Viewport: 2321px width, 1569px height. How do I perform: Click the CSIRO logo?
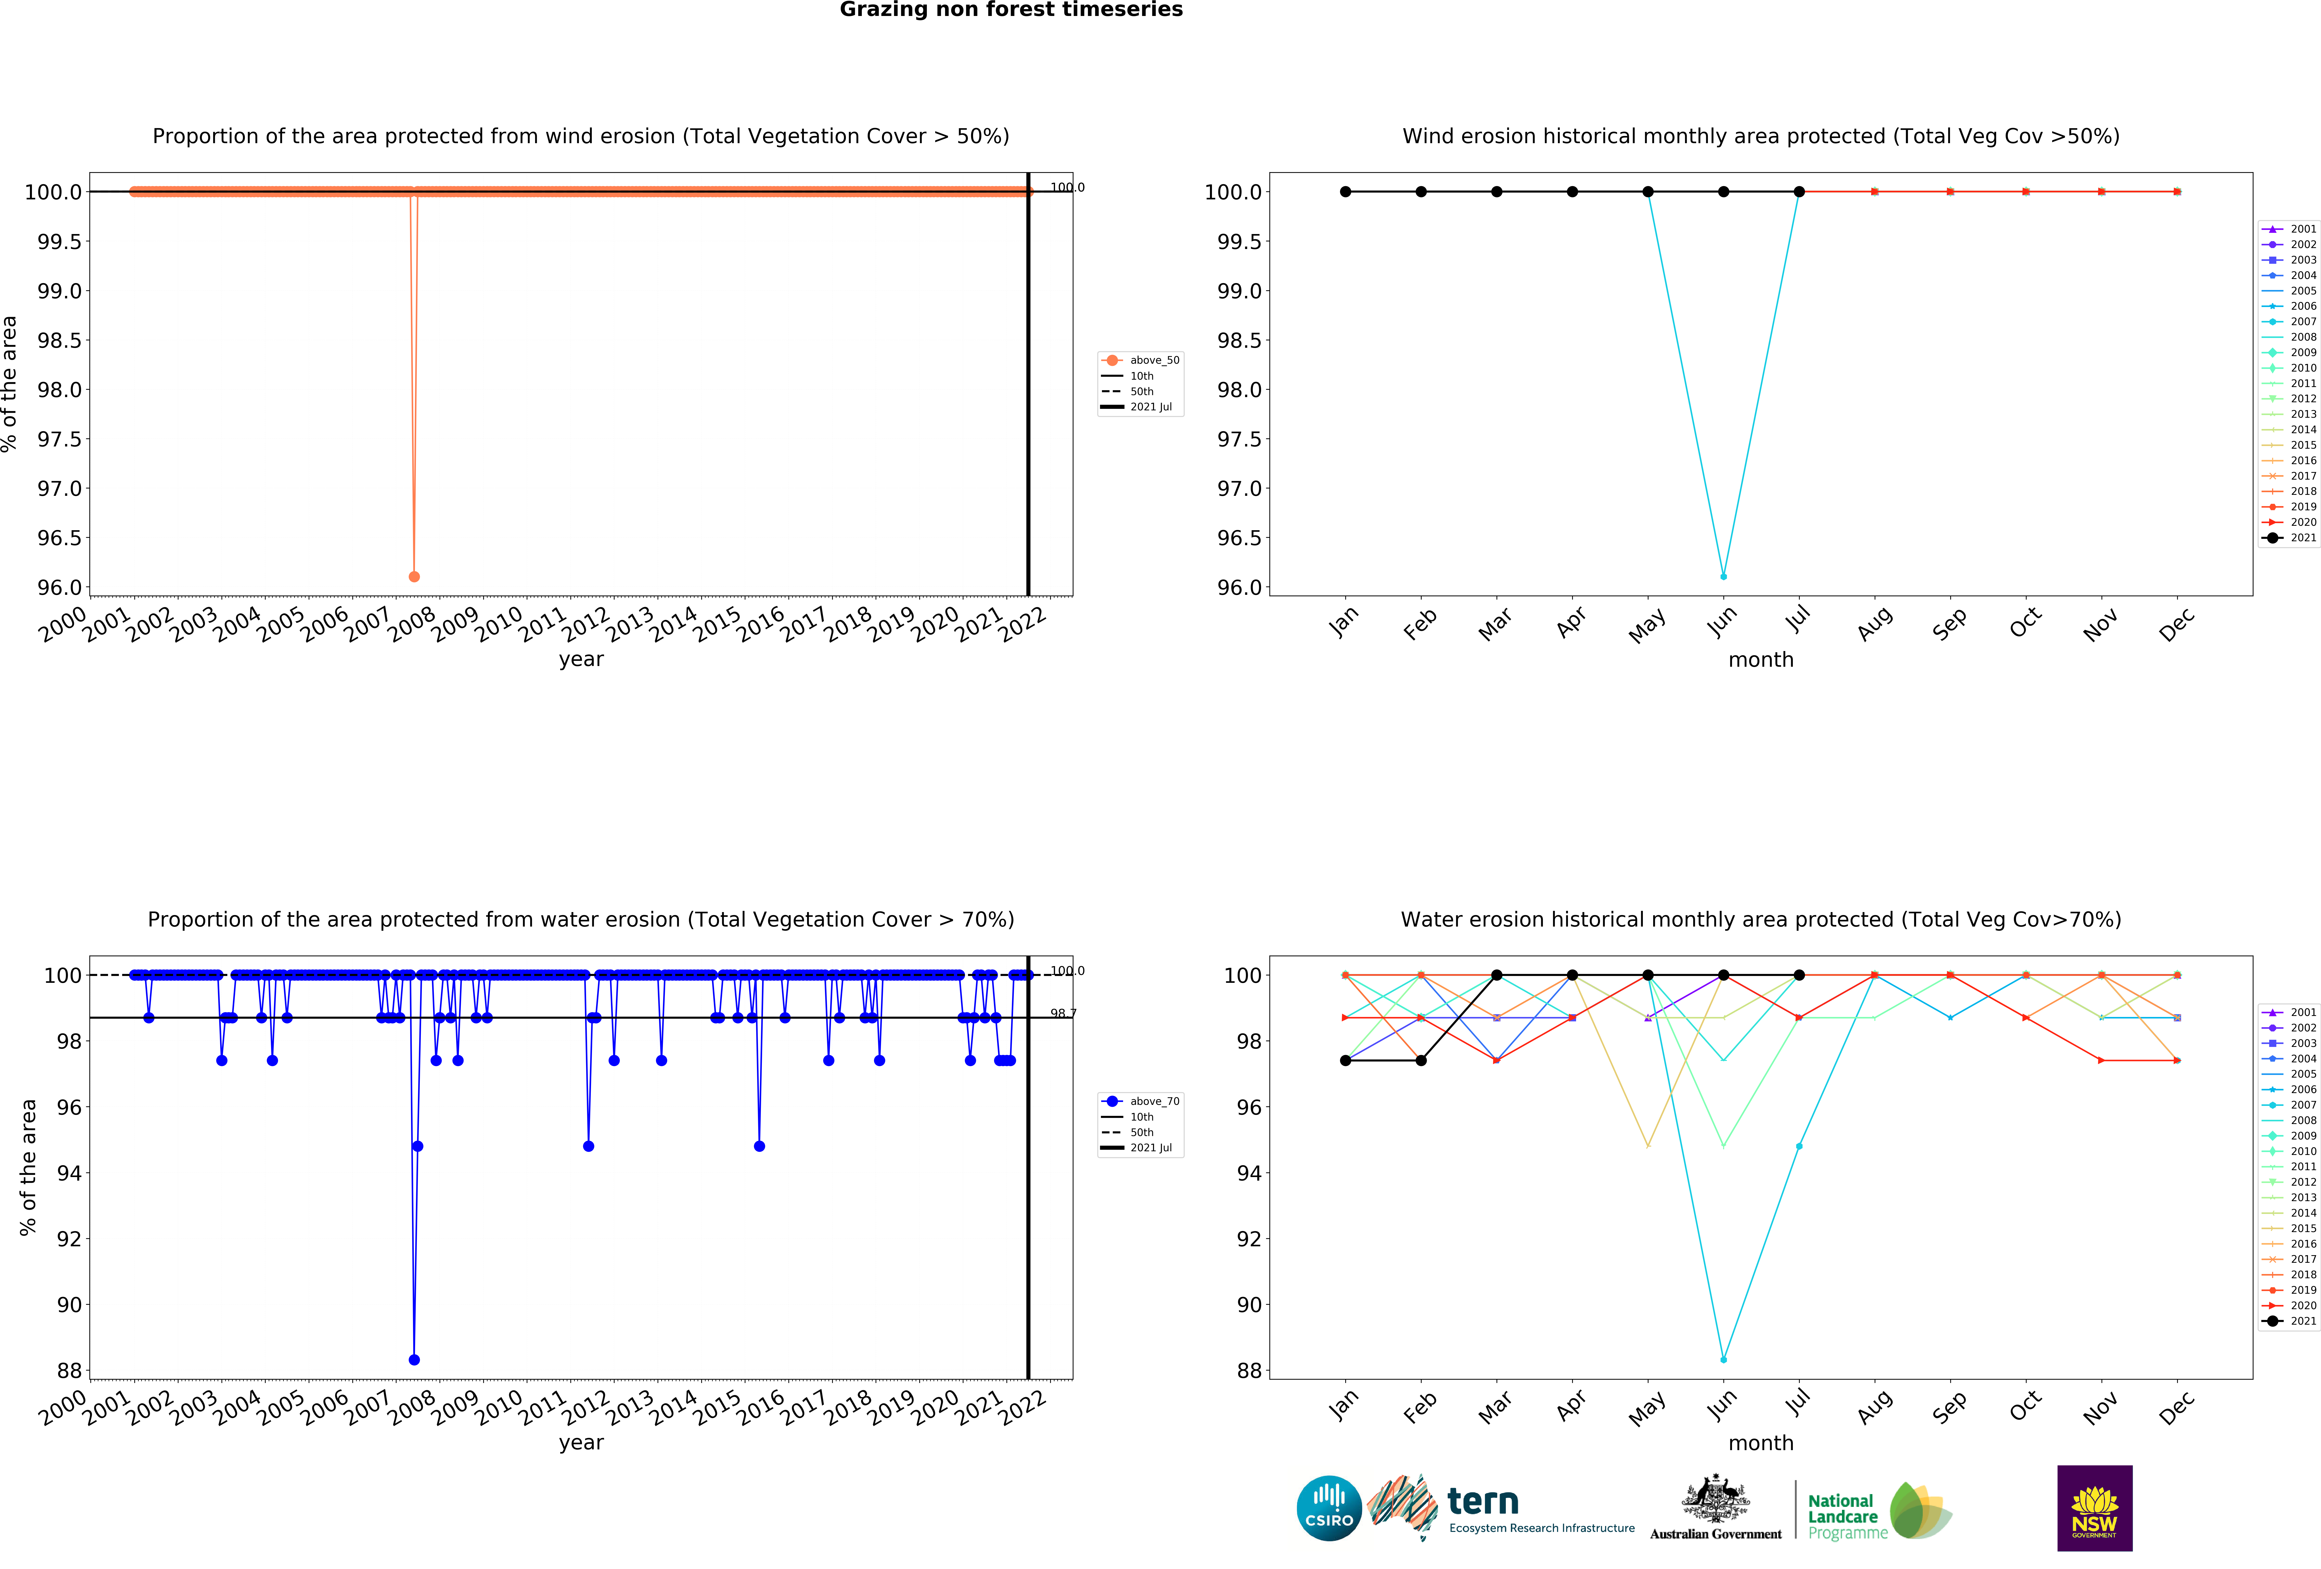click(x=1328, y=1508)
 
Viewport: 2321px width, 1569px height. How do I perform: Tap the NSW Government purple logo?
click(x=2094, y=1508)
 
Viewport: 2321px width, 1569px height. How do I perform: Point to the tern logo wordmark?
click(x=1483, y=1501)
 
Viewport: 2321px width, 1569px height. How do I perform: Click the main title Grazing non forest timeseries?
click(x=1011, y=10)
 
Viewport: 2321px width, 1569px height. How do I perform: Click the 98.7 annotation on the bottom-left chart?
click(x=1063, y=1014)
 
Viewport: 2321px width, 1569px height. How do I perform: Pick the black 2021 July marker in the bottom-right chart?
click(x=1799, y=975)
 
